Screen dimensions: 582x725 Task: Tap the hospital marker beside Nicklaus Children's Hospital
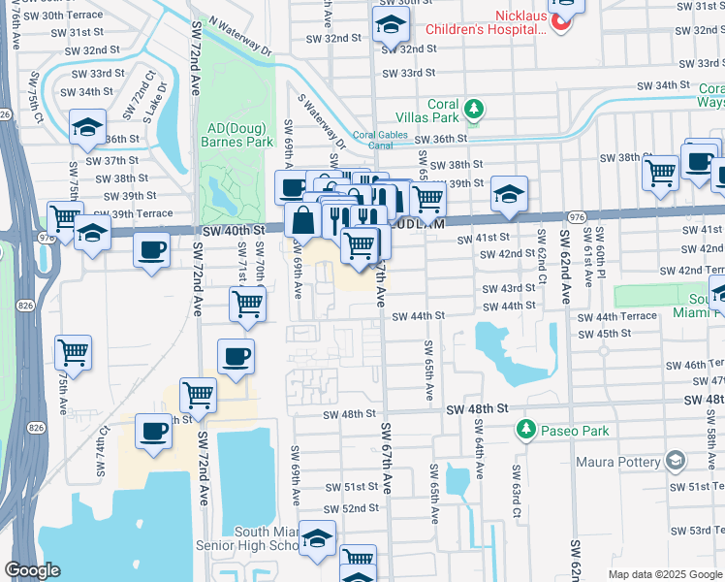(x=560, y=19)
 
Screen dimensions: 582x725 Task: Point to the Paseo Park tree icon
(x=525, y=428)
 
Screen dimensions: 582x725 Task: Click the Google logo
(x=33, y=570)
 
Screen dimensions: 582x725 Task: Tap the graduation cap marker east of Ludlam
(x=509, y=194)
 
